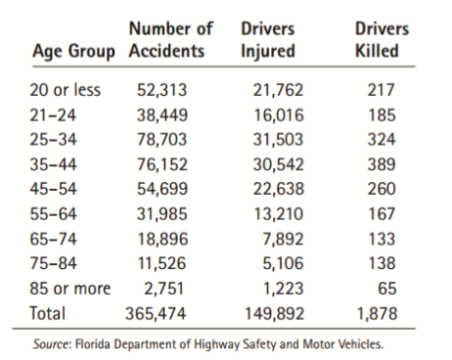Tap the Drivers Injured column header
pyautogui.click(x=267, y=40)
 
